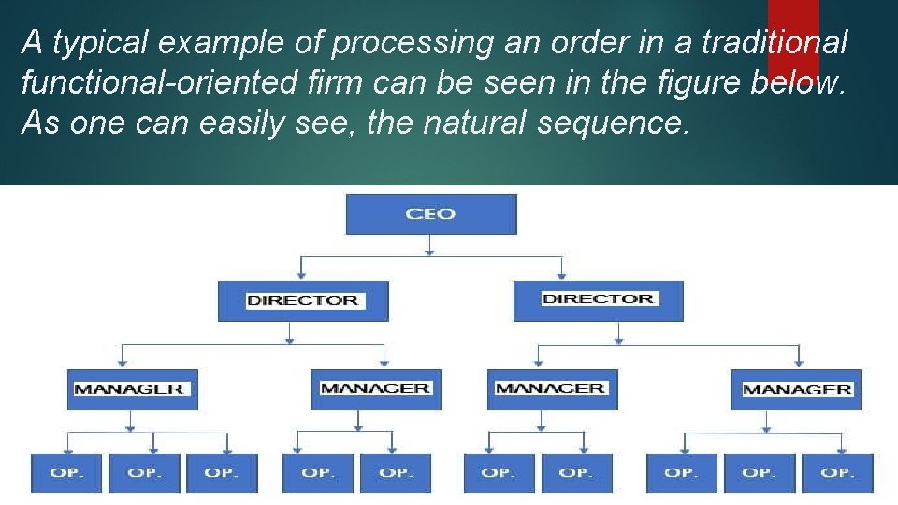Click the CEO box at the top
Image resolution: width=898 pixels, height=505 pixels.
tap(430, 213)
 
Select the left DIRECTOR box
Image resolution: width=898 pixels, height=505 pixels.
tap(302, 300)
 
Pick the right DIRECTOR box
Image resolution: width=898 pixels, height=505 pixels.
tap(598, 299)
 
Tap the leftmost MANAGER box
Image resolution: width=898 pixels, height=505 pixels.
tap(132, 388)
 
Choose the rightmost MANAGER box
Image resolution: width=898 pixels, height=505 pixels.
tap(796, 388)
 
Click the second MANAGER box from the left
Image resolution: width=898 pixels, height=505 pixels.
tap(374, 388)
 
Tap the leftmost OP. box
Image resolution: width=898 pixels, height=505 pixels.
tap(66, 472)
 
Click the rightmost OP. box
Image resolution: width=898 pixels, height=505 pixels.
tap(837, 472)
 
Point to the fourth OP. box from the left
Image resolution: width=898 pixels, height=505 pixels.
tap(318, 472)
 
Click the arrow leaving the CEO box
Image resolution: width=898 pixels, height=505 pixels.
tap(429, 244)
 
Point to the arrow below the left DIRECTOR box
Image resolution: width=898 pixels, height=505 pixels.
tap(290, 332)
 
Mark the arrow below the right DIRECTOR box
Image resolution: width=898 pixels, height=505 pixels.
tap(616, 332)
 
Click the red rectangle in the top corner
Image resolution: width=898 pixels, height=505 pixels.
tap(793, 37)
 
